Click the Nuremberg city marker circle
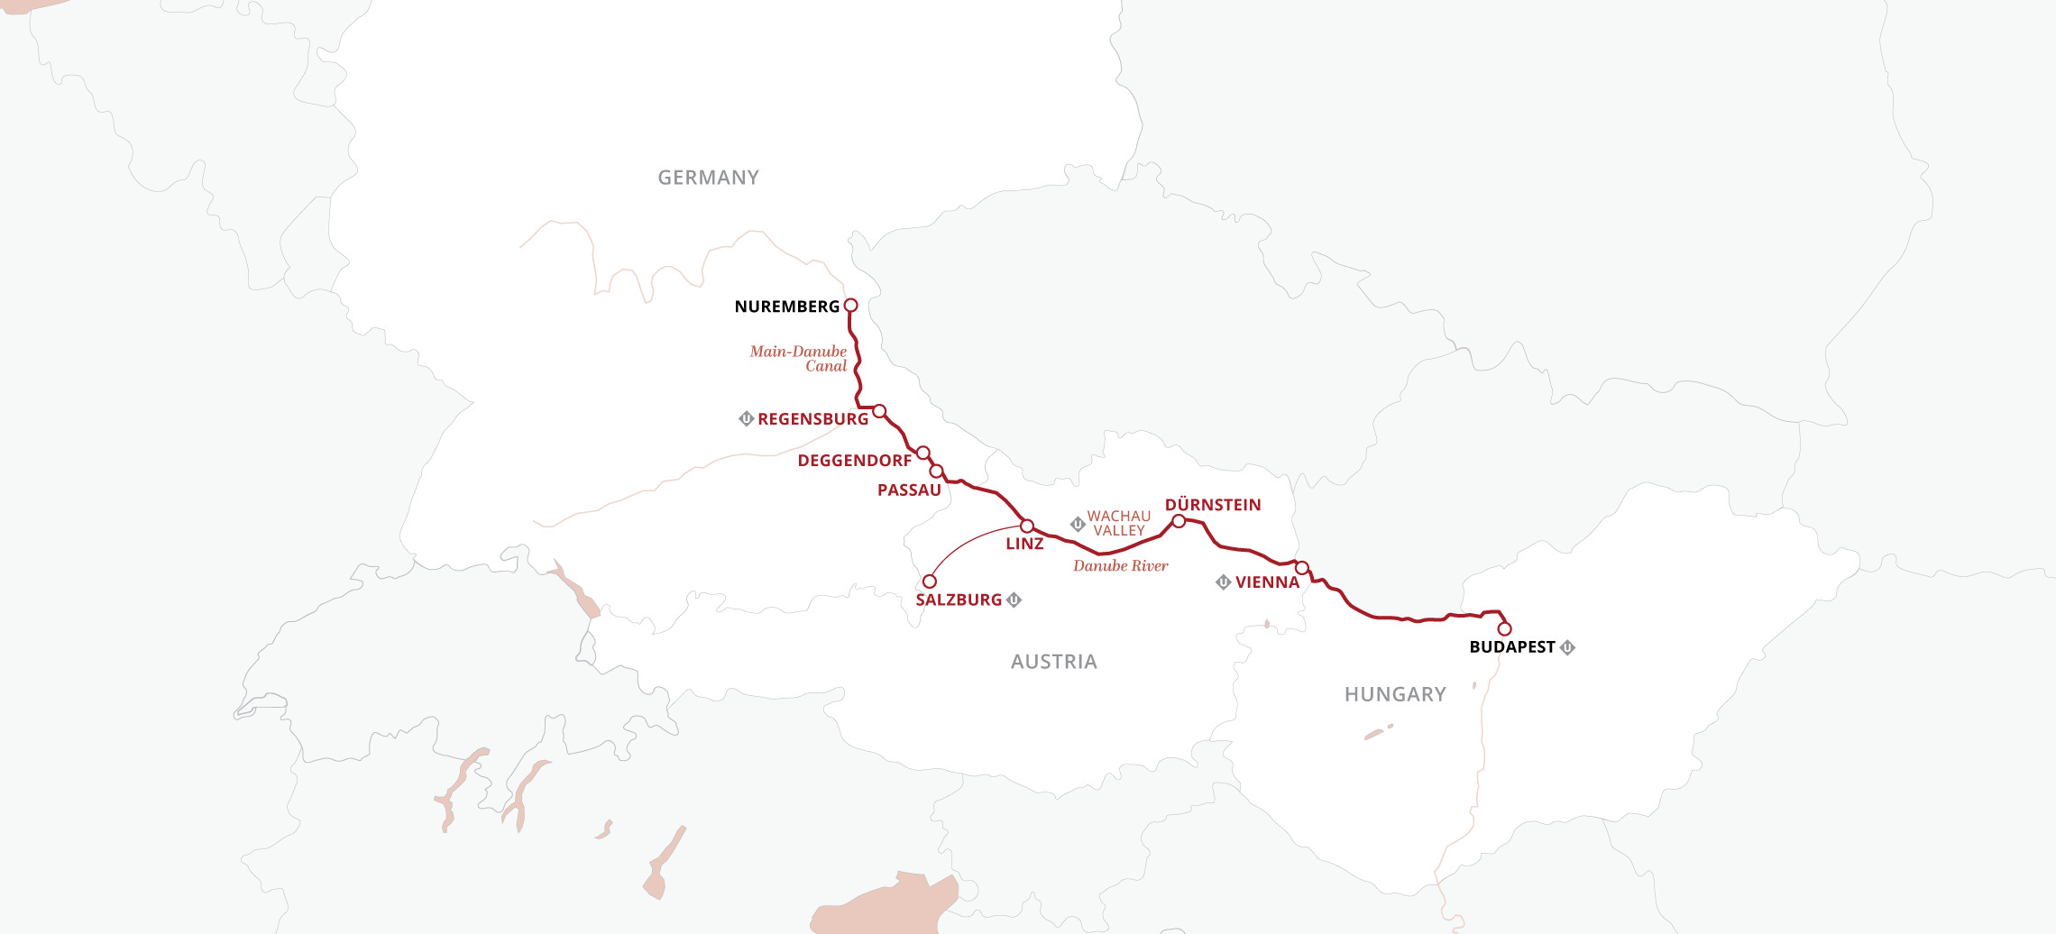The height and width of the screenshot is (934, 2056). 850,306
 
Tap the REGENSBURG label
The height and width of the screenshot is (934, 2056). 812,419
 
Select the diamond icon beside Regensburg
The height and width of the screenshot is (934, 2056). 746,418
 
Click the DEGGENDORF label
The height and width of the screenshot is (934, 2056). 854,461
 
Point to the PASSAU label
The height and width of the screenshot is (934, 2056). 909,490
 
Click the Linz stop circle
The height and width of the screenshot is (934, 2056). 1026,526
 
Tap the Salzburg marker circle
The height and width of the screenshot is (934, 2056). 930,581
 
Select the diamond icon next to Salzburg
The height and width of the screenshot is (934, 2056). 1014,600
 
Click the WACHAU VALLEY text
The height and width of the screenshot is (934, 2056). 1119,524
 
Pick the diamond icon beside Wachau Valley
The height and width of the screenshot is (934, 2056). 1078,524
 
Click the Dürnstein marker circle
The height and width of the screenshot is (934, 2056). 1179,521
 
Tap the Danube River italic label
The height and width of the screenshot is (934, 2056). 1120,566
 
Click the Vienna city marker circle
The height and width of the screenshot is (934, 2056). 1301,568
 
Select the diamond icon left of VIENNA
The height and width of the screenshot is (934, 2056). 1224,582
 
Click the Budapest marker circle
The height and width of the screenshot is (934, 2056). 1504,629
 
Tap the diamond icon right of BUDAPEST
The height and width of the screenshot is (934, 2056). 1568,647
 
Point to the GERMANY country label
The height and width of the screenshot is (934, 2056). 708,178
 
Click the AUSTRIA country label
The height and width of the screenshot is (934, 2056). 1053,662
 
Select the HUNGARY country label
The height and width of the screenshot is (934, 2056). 1395,694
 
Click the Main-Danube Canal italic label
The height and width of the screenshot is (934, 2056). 799,359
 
